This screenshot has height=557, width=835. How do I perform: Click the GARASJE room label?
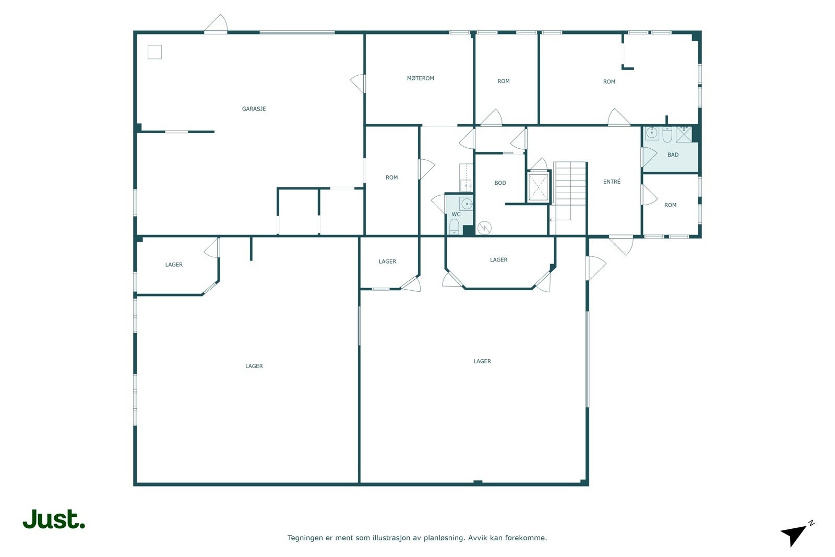coord(254,109)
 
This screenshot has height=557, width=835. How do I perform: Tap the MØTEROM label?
coord(421,78)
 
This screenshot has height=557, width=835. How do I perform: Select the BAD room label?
coord(673,155)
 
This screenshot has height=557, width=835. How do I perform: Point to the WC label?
coord(456,215)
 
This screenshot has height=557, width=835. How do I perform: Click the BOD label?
coord(500,183)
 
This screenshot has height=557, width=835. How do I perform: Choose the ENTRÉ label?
coord(612,182)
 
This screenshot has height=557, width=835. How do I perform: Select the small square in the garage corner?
coord(154,52)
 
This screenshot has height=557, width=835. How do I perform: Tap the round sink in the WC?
coord(467,204)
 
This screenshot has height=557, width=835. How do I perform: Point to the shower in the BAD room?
coord(684,135)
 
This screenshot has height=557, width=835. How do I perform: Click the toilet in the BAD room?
coord(667,135)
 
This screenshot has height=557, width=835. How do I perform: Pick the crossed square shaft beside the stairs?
coord(539,187)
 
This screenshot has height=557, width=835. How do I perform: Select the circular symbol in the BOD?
coord(484,228)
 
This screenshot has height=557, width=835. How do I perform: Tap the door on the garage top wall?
coord(216,24)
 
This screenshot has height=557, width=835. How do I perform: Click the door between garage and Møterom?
coord(358,84)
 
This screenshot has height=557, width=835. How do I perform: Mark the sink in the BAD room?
coord(652,133)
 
